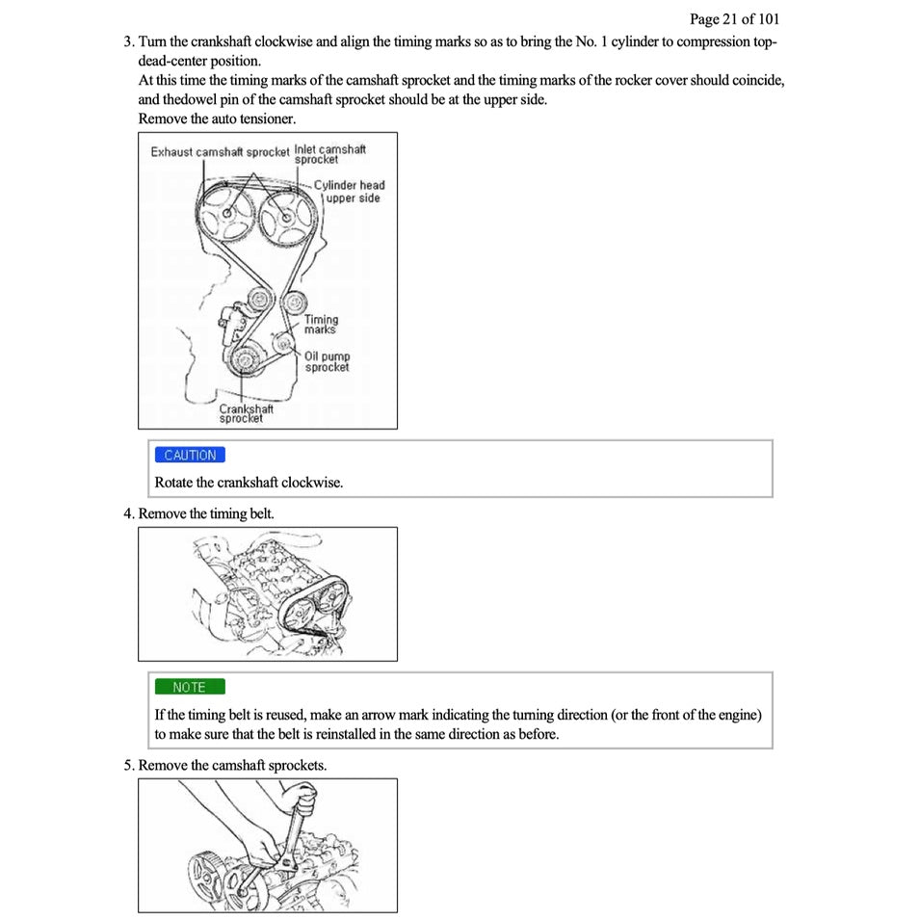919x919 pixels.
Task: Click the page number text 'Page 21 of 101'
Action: coord(734,18)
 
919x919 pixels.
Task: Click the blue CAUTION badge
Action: coord(189,456)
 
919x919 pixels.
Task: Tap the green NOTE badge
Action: coord(189,687)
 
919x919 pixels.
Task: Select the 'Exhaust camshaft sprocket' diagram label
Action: coord(220,152)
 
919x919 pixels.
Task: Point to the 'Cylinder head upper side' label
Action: coord(351,192)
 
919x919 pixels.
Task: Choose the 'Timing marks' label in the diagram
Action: coord(321,325)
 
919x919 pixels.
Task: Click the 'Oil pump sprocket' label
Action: coord(327,361)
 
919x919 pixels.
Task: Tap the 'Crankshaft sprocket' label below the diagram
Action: coord(245,413)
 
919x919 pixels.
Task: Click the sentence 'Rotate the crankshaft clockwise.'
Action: coord(249,482)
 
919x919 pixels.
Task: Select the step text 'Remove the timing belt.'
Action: coord(206,513)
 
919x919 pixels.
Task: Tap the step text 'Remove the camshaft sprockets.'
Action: coord(232,765)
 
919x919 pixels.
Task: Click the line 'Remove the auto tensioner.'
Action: coord(217,118)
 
